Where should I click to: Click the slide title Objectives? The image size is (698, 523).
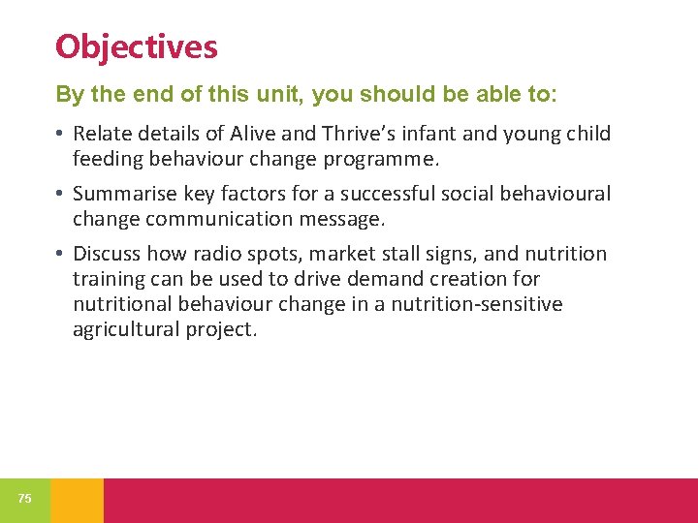[x=137, y=46]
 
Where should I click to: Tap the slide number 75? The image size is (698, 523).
[x=24, y=499]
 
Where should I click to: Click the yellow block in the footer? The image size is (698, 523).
[x=77, y=500]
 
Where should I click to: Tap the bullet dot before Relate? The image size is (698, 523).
[x=60, y=134]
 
